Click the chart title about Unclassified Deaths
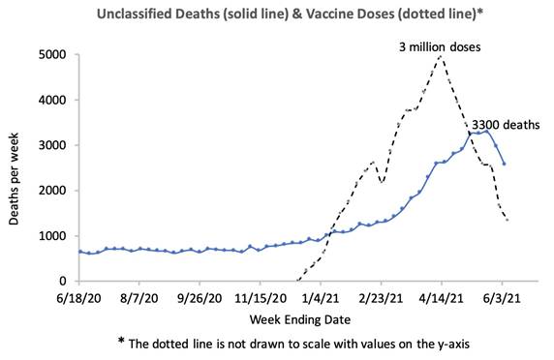coord(290,15)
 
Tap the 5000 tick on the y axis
coord(52,55)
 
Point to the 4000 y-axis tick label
coord(52,100)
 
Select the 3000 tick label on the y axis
coord(52,145)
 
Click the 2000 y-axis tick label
coord(52,191)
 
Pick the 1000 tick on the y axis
coord(52,236)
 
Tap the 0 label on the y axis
coord(63,281)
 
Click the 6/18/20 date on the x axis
coord(78,298)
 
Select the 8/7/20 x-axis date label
coord(138,298)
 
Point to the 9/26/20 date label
coord(200,298)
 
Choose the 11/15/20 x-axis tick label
coord(261,298)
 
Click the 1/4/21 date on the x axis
coord(321,298)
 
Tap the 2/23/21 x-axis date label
coord(381,298)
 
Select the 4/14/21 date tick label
coord(442,298)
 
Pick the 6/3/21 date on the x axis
coord(502,298)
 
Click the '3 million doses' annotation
coord(440,47)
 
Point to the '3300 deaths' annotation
coord(506,125)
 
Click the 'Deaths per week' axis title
coord(14,179)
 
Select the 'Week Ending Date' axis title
coord(300,320)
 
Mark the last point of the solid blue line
coord(504,164)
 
